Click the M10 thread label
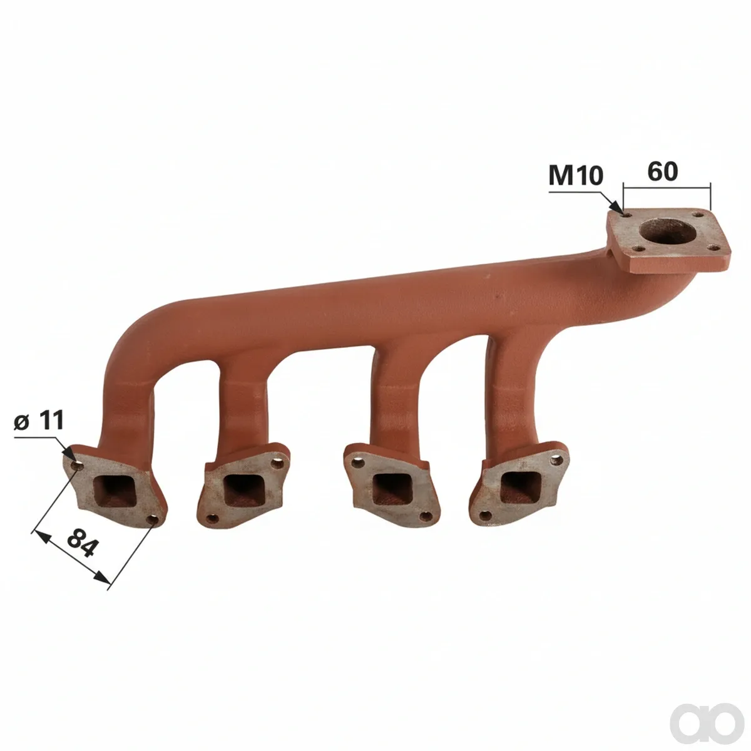coord(576,175)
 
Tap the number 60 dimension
coord(663,171)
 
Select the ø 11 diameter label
coord(39,421)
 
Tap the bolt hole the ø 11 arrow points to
coord(77,466)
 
